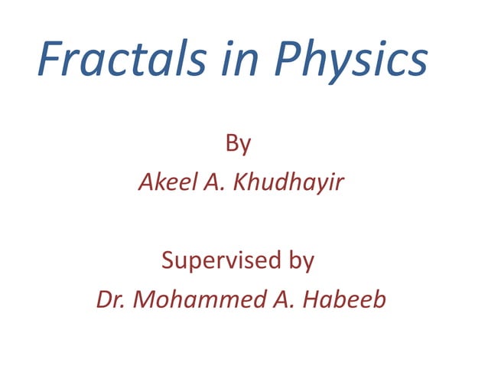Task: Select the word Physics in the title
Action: click(350, 60)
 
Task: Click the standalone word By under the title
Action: click(239, 143)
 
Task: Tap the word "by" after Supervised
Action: click(298, 261)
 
